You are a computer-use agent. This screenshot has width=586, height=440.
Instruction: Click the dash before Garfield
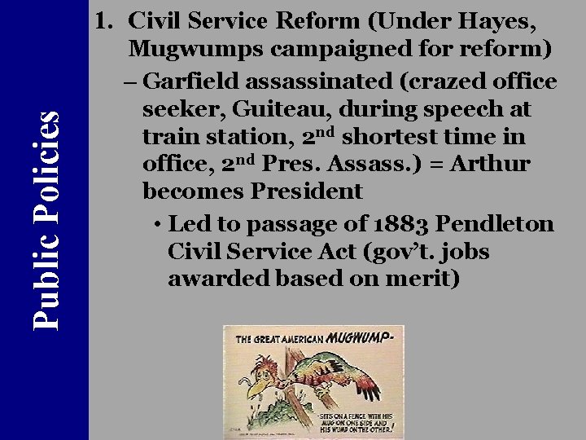[133, 82]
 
